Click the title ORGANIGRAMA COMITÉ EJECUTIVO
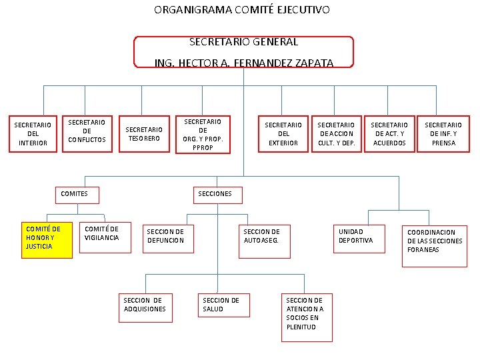point(241,10)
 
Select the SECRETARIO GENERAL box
point(243,52)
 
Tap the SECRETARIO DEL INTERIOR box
point(33,133)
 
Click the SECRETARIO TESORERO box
point(144,133)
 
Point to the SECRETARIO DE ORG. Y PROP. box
point(203,135)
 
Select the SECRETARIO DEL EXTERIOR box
point(283,133)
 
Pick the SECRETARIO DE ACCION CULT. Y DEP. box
point(336,133)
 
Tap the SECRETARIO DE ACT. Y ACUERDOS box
point(389,133)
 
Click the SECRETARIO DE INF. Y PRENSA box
point(443,133)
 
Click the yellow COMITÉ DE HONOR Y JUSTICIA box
point(47,239)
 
